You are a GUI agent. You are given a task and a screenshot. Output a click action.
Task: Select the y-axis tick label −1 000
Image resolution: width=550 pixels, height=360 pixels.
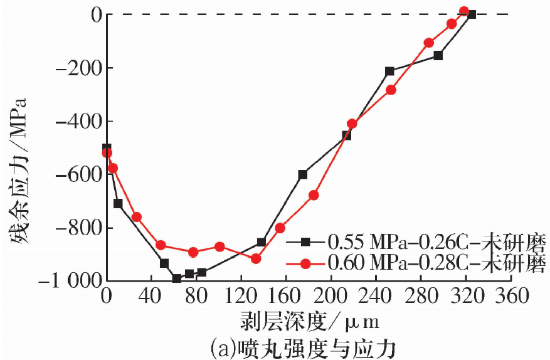click(68, 282)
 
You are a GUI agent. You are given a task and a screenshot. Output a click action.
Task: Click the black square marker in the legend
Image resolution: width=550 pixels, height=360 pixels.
click(306, 241)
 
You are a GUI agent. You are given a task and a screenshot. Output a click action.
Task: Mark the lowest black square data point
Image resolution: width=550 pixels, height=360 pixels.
click(177, 278)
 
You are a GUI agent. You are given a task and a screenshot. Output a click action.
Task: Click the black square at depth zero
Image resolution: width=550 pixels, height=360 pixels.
click(107, 148)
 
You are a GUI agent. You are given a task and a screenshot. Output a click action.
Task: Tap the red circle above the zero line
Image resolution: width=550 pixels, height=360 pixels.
click(464, 11)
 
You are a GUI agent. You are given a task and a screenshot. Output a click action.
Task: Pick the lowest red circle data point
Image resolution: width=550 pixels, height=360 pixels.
click(256, 258)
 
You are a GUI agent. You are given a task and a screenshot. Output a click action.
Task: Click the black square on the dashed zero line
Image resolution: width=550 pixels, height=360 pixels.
click(472, 14)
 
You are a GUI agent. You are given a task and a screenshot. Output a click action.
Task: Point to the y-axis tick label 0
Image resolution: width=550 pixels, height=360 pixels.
click(96, 14)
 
